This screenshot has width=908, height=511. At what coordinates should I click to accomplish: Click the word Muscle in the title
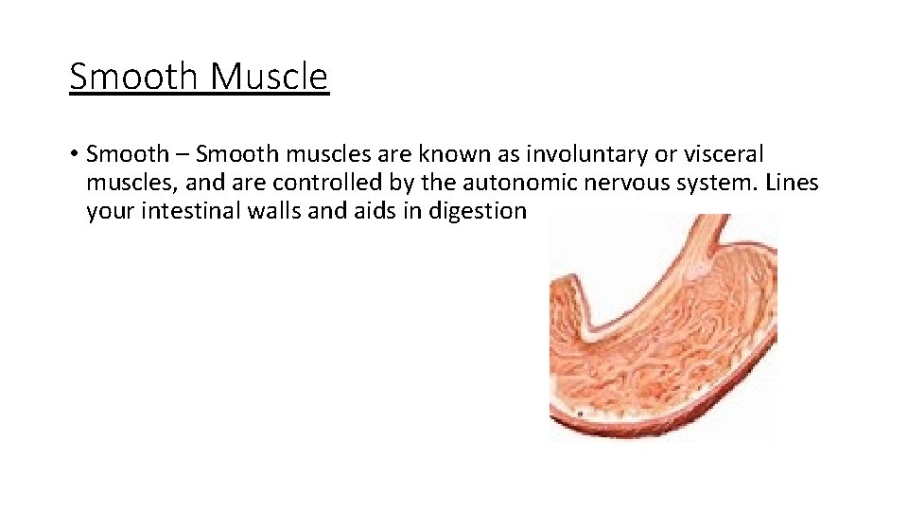[x=270, y=77]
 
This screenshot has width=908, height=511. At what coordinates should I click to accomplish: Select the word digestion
[x=477, y=210]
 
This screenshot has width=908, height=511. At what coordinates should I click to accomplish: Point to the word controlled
[x=316, y=182]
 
